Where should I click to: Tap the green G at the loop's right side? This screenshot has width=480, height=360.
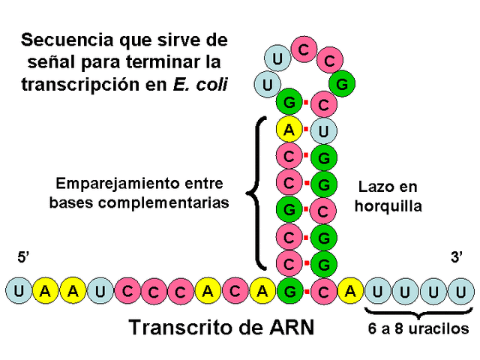(x=341, y=85)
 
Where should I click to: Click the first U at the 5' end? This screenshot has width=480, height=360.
(x=17, y=289)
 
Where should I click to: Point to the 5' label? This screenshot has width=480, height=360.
(x=22, y=258)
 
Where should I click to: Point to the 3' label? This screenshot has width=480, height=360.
(x=457, y=257)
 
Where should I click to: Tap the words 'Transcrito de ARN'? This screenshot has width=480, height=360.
(x=221, y=328)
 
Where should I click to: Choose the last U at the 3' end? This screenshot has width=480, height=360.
(x=463, y=289)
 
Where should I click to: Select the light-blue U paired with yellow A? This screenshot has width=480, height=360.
(x=324, y=130)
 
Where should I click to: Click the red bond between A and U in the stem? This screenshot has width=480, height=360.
(x=306, y=130)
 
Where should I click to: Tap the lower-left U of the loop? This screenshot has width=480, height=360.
(x=265, y=83)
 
